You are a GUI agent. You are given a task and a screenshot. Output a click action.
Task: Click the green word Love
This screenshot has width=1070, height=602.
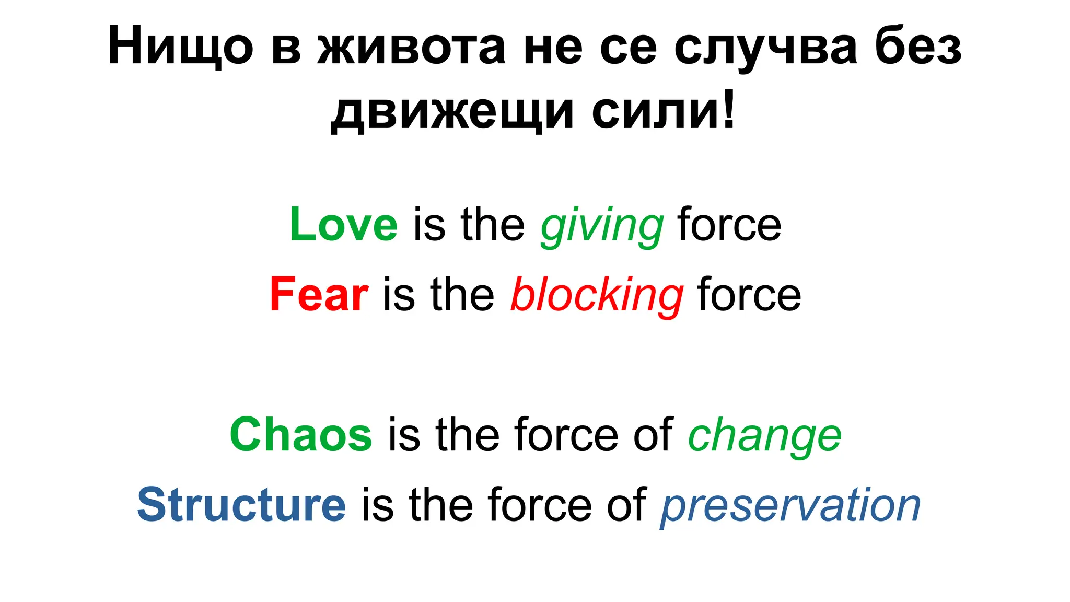point(343,225)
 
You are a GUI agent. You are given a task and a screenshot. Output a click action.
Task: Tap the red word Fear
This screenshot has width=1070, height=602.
point(319,295)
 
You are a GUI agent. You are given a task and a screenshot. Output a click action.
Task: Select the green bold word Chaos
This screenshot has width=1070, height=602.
point(300,435)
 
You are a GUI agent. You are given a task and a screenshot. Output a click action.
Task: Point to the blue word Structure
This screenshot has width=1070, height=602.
point(241,505)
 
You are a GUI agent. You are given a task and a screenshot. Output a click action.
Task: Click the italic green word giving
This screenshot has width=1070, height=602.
point(602,226)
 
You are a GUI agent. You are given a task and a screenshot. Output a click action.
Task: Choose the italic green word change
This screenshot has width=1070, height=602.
point(764,436)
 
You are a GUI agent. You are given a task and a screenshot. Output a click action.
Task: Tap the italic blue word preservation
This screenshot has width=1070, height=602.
point(790,506)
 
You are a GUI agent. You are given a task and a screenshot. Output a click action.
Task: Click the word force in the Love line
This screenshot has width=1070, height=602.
point(729,225)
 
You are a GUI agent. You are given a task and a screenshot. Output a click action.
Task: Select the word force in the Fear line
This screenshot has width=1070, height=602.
point(749,295)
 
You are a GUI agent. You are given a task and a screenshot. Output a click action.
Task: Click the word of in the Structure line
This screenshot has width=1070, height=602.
point(626,505)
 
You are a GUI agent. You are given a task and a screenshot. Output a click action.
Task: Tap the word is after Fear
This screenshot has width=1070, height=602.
point(399,295)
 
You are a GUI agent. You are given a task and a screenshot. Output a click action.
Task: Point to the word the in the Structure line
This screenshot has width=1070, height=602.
point(441,505)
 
